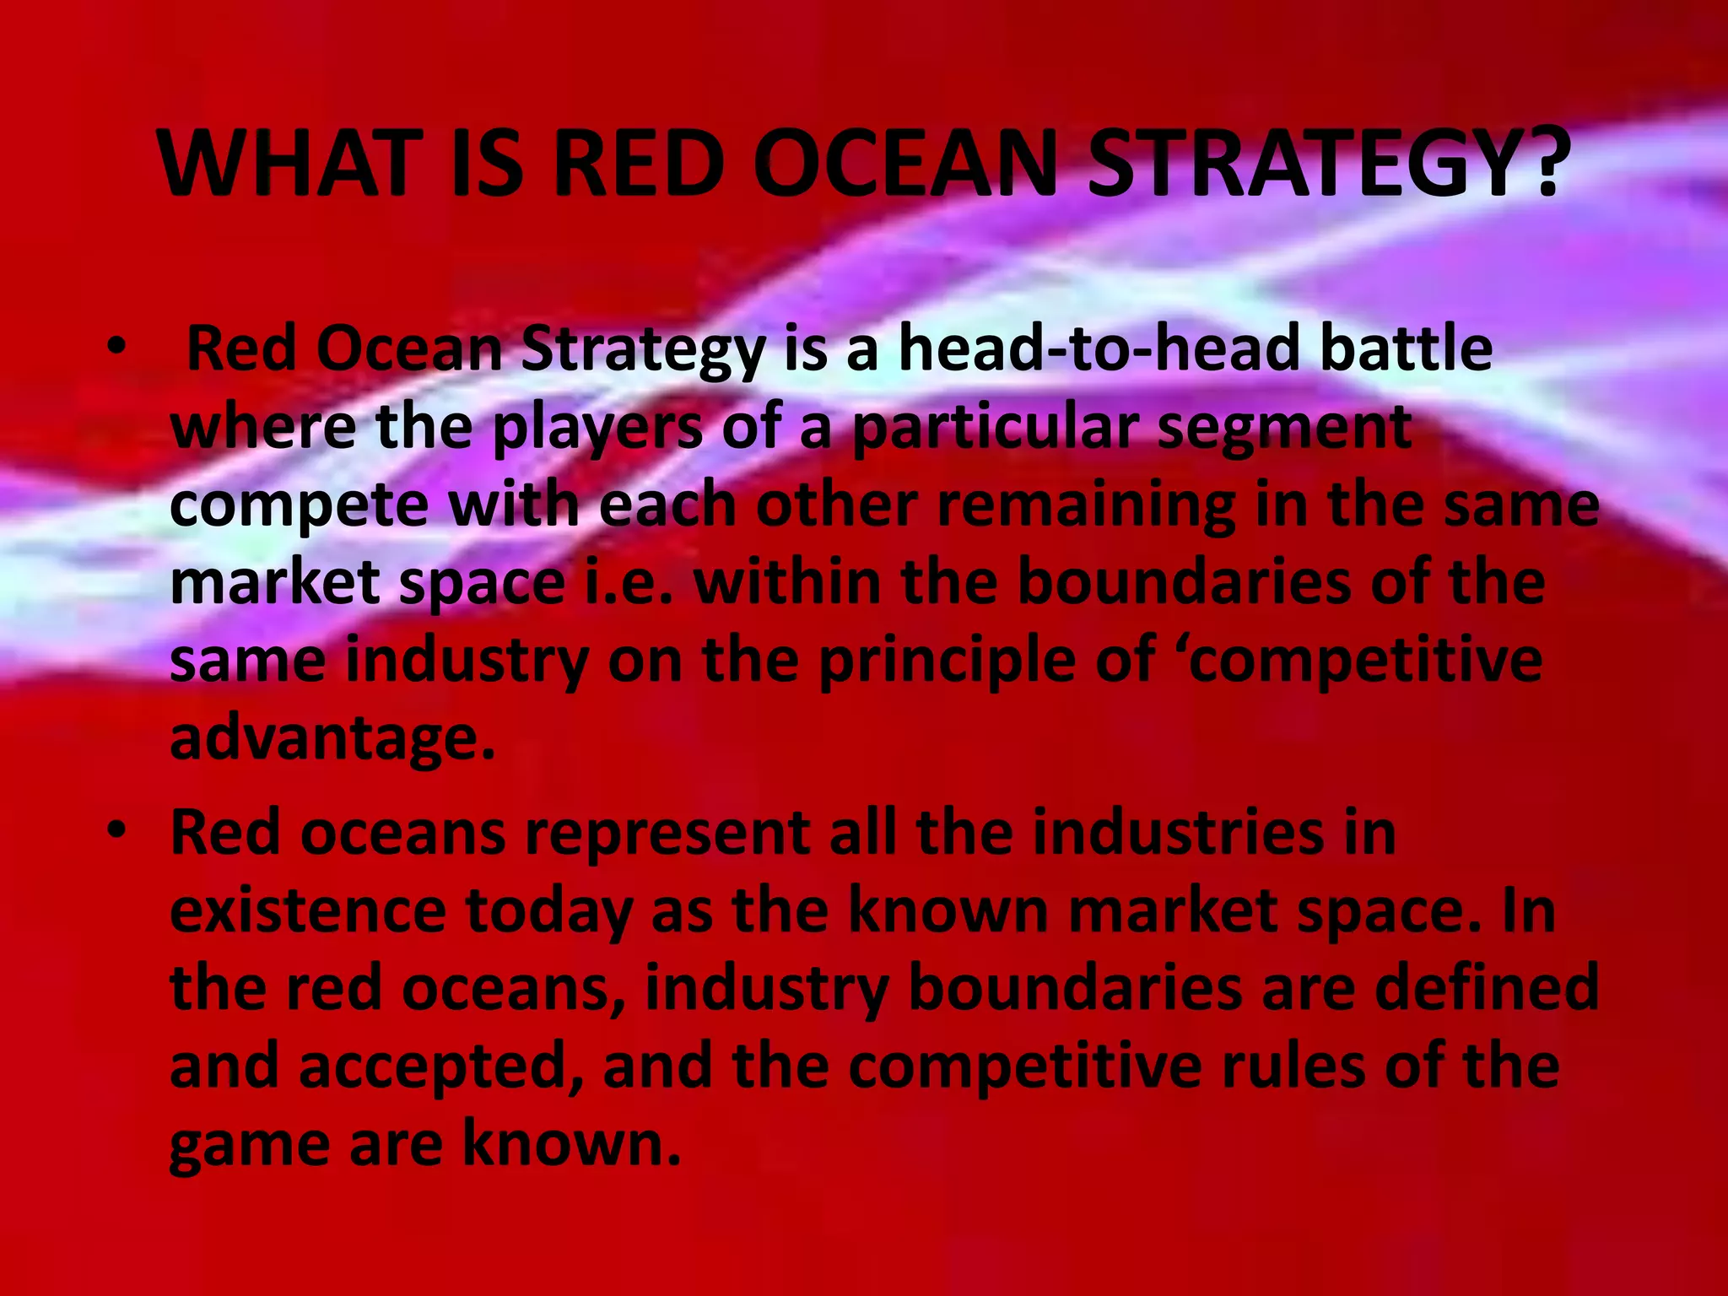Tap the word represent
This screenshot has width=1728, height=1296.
click(667, 834)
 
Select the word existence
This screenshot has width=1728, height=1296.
click(308, 911)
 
